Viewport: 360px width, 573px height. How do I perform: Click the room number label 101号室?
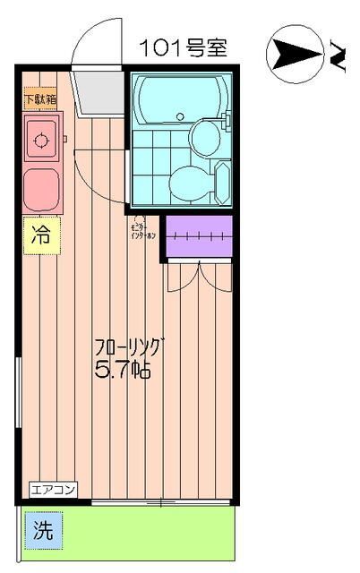[183, 47]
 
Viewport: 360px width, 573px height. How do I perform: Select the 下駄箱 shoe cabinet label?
[39, 100]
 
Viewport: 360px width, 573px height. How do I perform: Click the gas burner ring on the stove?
[39, 139]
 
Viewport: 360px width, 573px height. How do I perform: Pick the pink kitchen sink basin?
[40, 189]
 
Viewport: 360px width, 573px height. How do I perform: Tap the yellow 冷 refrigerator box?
[40, 236]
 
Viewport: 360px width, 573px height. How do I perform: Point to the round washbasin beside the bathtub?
[205, 136]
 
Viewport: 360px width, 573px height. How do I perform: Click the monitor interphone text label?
[144, 231]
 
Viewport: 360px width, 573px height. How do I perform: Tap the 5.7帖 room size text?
[122, 369]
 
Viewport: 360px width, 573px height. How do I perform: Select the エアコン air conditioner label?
[54, 489]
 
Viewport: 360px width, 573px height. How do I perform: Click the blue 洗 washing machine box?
[43, 529]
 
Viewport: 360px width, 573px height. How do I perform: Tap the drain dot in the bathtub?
[180, 116]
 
